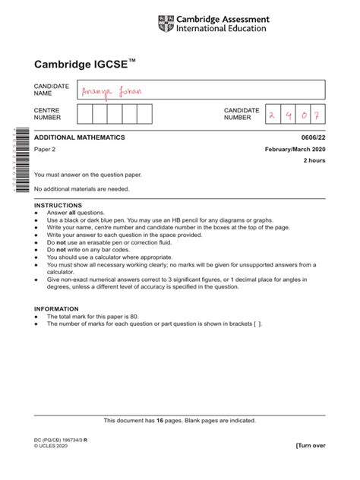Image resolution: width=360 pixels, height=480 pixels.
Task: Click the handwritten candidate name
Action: tap(112, 92)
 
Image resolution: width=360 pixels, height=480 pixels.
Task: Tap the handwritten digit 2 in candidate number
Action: tap(272, 114)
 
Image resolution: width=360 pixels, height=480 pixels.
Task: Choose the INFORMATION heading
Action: tap(57, 309)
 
